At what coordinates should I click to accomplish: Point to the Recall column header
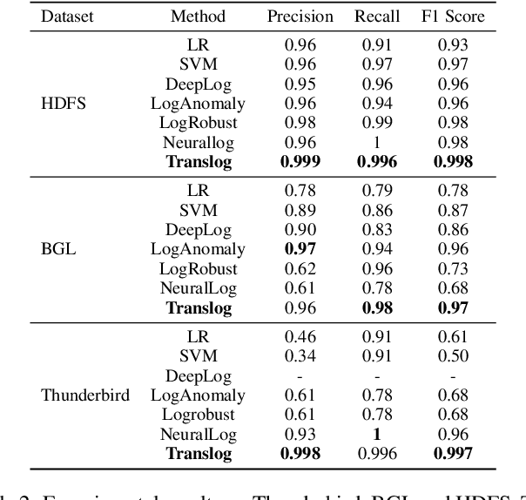point(377,17)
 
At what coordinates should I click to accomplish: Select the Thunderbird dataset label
point(85,395)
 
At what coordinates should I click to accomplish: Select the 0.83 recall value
point(377,229)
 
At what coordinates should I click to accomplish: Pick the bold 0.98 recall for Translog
point(377,307)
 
